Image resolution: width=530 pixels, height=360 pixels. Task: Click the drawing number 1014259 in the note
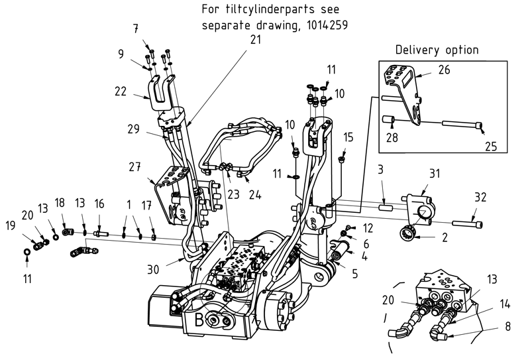(326, 25)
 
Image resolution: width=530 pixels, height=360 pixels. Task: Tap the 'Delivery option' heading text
(437, 50)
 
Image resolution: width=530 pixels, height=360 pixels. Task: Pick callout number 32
(480, 197)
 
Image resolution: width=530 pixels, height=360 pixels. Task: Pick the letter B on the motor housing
(199, 322)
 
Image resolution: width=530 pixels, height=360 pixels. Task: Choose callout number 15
(349, 137)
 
